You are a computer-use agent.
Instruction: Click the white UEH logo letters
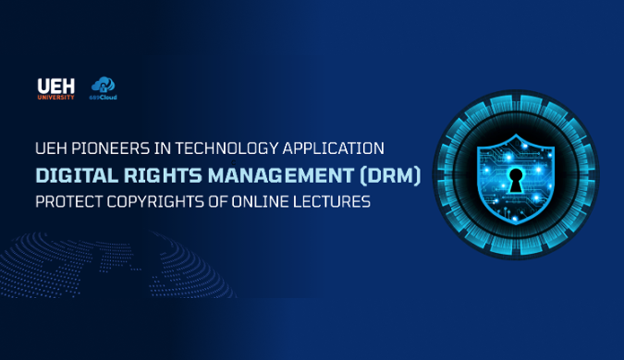(56, 86)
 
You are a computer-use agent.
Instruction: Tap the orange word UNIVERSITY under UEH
(56, 97)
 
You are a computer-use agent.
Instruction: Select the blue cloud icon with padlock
(103, 85)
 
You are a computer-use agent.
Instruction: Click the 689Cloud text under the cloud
(103, 98)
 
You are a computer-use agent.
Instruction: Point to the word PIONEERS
(111, 148)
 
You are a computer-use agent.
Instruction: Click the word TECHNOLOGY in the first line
(227, 148)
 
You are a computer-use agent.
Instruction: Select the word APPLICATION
(334, 148)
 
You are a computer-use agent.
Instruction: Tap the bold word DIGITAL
(77, 176)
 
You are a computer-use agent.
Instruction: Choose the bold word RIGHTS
(163, 176)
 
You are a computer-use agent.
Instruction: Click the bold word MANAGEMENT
(281, 176)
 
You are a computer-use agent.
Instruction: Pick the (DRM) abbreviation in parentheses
(390, 176)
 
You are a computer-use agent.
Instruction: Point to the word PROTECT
(69, 202)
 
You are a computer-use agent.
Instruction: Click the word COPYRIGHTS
(156, 202)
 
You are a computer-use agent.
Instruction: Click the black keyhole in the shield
(516, 181)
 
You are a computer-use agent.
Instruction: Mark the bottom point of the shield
(516, 225)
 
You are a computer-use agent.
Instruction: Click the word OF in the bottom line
(218, 202)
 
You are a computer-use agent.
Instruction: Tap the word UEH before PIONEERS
(51, 148)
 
